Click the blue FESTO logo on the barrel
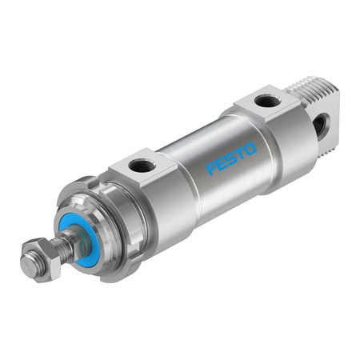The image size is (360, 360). pos(232,158)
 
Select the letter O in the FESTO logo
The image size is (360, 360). pos(251,148)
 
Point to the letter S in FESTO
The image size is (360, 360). pos(232,158)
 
